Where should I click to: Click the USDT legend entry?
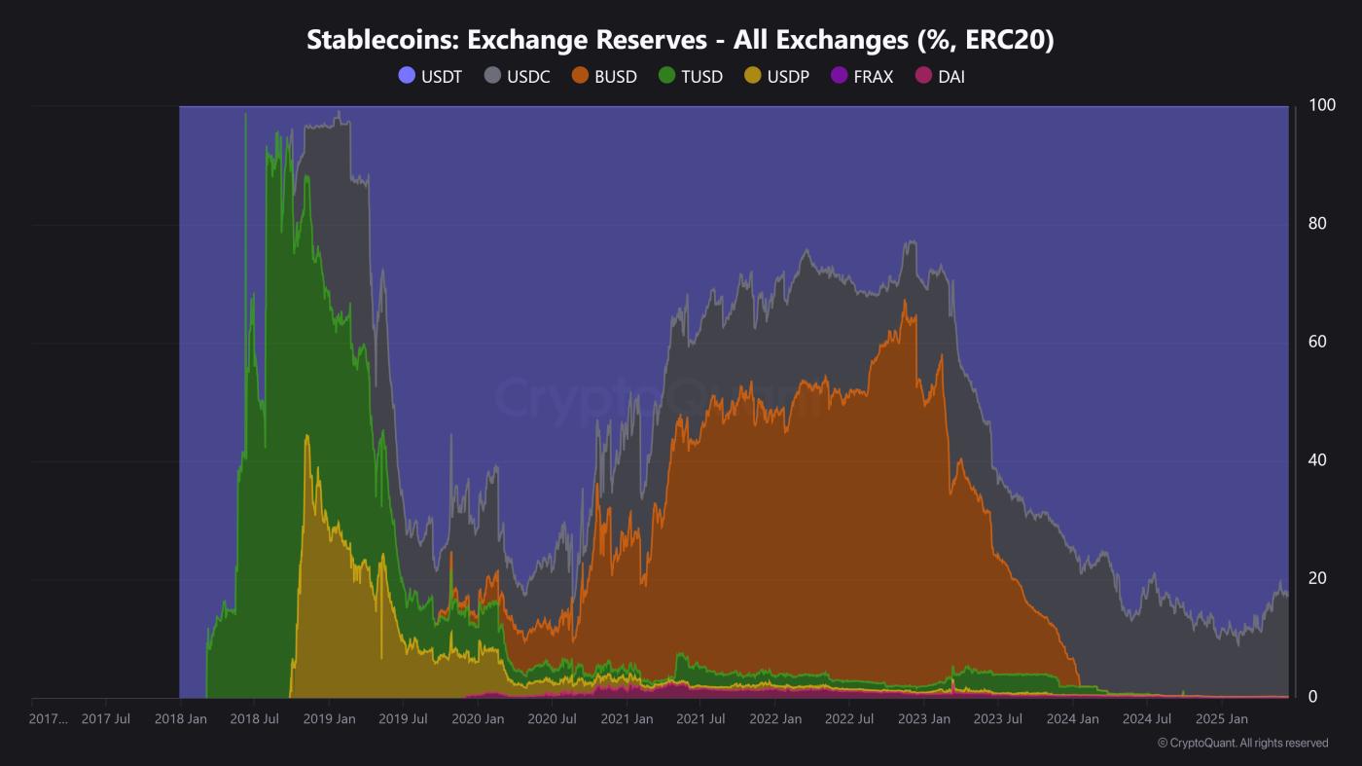[x=431, y=76]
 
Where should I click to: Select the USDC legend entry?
[x=518, y=76]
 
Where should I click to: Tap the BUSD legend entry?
[x=604, y=76]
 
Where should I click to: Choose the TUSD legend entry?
[x=691, y=76]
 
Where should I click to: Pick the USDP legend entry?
[x=776, y=76]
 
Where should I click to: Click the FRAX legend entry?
[x=862, y=76]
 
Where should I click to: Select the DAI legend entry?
[x=940, y=76]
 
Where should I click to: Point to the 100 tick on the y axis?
[x=1322, y=105]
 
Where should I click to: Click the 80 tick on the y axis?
[x=1317, y=224]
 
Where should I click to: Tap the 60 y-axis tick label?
[x=1317, y=342]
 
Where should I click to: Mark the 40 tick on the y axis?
[x=1317, y=460]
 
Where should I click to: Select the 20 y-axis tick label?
[x=1317, y=578]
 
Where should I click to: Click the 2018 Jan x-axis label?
[x=180, y=719]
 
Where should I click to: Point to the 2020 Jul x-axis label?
[x=552, y=719]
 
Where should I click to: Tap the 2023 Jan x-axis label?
[x=923, y=719]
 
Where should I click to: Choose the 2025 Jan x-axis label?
[x=1221, y=719]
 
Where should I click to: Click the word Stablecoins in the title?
[x=382, y=40]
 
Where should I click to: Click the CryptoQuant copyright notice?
[x=1242, y=743]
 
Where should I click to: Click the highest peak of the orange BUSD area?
[x=905, y=301]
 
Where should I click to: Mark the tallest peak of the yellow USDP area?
[x=307, y=435]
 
